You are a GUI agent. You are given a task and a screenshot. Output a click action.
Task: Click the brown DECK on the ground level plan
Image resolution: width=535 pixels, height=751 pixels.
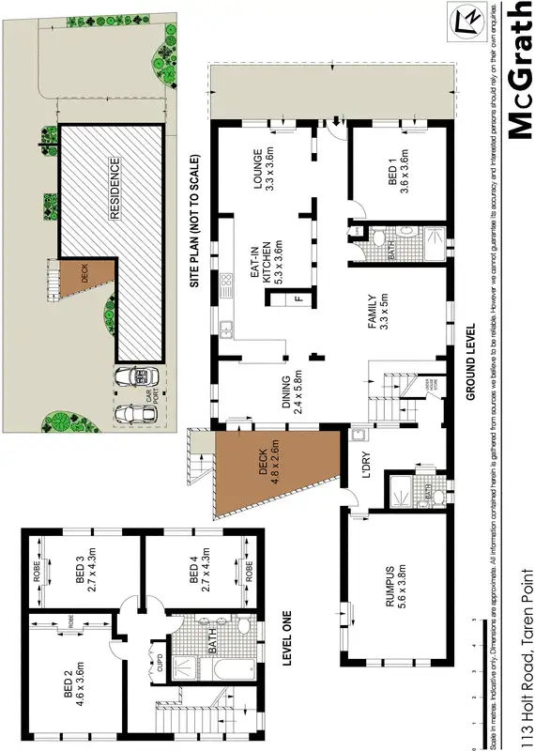[x=272, y=468]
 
